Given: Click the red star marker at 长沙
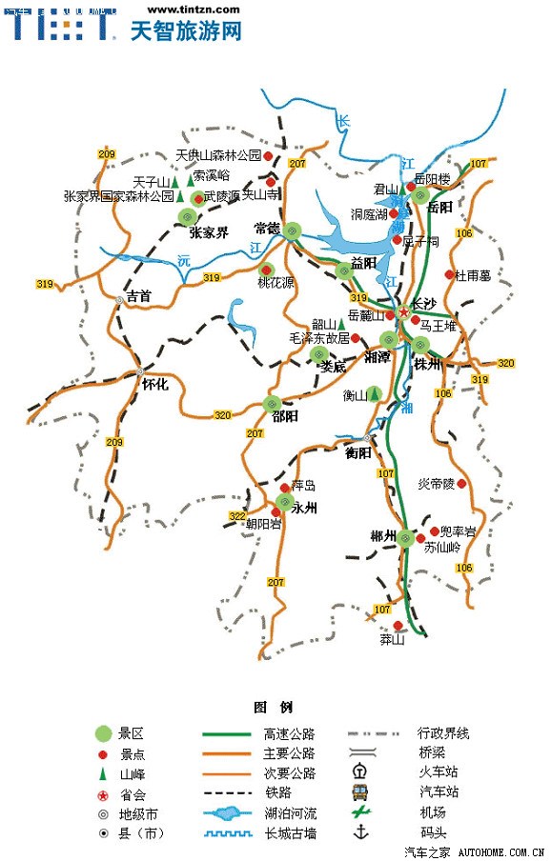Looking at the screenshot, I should pos(403,311).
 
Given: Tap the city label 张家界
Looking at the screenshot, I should pos(208,233).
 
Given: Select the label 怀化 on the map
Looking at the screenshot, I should pos(154,385).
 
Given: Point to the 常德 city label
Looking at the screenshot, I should pos(268,229).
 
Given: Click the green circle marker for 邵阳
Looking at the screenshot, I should pos(272,403).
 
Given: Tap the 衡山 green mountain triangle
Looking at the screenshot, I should pos(375,392).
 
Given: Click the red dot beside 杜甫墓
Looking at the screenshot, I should pos(449,274).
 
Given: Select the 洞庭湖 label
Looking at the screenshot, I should pos(369,214).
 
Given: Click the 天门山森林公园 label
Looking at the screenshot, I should pos(219,155).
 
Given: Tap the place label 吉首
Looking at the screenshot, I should pos(139,296).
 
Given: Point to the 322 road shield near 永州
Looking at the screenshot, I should pos(237,516).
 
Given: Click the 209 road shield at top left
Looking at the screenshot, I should pos(106,154).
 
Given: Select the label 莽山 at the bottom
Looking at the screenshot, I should pos(393,640).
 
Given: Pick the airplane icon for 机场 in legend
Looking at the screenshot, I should pos(359,812).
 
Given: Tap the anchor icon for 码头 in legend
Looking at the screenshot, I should pos(359,832).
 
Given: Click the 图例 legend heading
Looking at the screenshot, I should pos(274,708).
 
